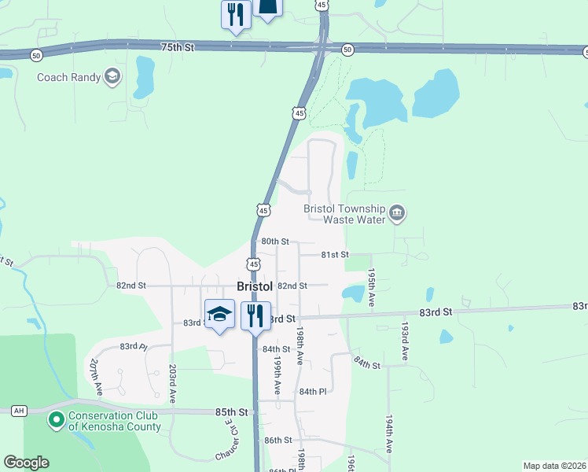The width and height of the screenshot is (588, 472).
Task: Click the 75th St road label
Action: pos(178,48)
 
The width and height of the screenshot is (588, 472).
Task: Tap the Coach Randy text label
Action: pos(69,77)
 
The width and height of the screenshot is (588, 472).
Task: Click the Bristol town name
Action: pos(255,287)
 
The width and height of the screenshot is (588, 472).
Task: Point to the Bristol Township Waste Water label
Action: pos(345,214)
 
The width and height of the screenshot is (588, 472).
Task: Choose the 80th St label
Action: pos(275,242)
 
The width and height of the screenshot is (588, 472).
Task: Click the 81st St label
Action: pos(334,255)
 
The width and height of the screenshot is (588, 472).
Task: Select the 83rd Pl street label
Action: pos(134,346)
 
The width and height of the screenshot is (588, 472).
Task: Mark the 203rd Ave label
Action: pos(171,381)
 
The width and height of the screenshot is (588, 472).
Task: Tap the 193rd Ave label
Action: pos(405,341)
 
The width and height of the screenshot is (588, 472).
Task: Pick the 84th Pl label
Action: pos(312,391)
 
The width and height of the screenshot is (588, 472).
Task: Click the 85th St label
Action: pos(232,411)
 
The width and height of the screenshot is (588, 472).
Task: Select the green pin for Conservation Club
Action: pos(55,420)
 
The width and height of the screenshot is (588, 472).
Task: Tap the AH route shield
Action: pos(20,411)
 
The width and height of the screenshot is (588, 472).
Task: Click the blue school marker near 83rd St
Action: pos(219,315)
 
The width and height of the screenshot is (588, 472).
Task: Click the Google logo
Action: pos(26,463)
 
